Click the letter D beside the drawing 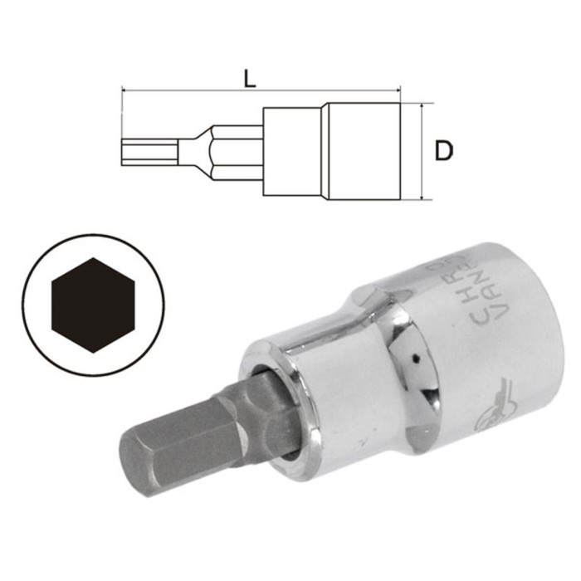[x=445, y=151]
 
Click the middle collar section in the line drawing [x=293, y=151]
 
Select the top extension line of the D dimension [x=417, y=104]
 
